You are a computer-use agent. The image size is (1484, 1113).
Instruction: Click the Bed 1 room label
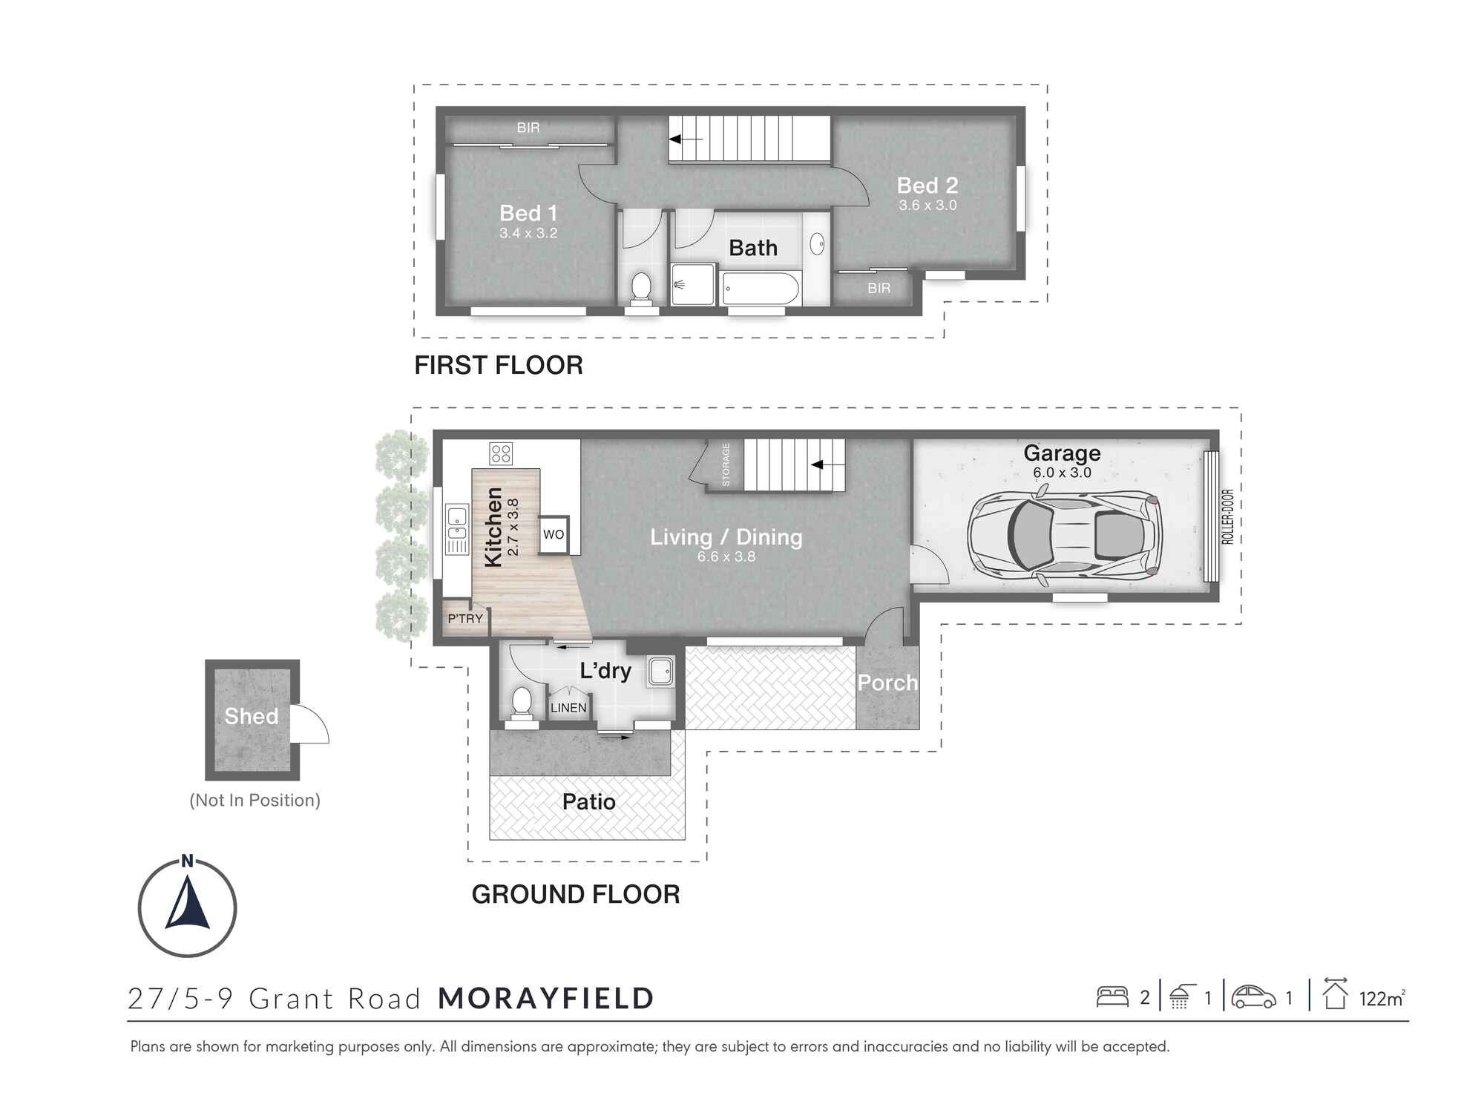528,213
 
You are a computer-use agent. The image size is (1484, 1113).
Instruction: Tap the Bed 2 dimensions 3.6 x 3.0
927,206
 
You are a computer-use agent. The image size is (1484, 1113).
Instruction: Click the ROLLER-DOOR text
1227,516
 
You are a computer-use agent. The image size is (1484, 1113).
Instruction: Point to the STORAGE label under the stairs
726,464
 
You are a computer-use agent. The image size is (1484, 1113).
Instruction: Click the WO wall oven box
554,534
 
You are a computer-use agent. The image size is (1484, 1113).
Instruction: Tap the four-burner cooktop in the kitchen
501,453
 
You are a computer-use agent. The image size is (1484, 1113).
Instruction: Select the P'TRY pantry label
465,618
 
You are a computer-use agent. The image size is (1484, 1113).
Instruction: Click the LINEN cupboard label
568,708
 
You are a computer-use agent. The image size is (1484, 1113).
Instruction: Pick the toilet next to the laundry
522,702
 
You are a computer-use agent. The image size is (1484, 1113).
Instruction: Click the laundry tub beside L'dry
660,672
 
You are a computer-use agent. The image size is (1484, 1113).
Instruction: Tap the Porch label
887,683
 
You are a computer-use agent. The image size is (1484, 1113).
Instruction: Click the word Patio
588,802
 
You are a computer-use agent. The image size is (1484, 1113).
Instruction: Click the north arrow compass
187,907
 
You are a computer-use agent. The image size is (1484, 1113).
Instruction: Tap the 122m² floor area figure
1381,999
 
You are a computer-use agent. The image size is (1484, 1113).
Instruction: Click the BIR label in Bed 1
528,128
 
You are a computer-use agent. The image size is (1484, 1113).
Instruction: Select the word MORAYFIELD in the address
545,999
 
